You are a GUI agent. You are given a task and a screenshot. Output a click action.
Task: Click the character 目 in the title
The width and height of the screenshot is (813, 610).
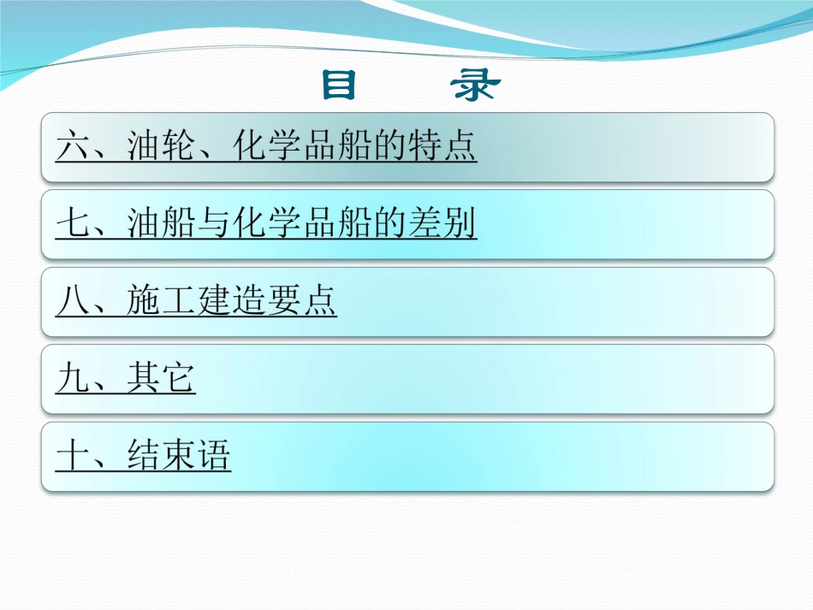pyautogui.click(x=340, y=86)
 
